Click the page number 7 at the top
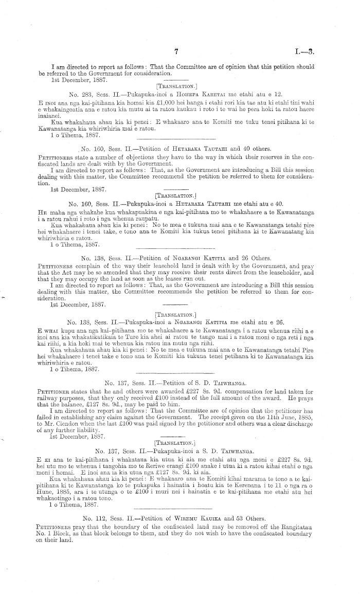176,51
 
